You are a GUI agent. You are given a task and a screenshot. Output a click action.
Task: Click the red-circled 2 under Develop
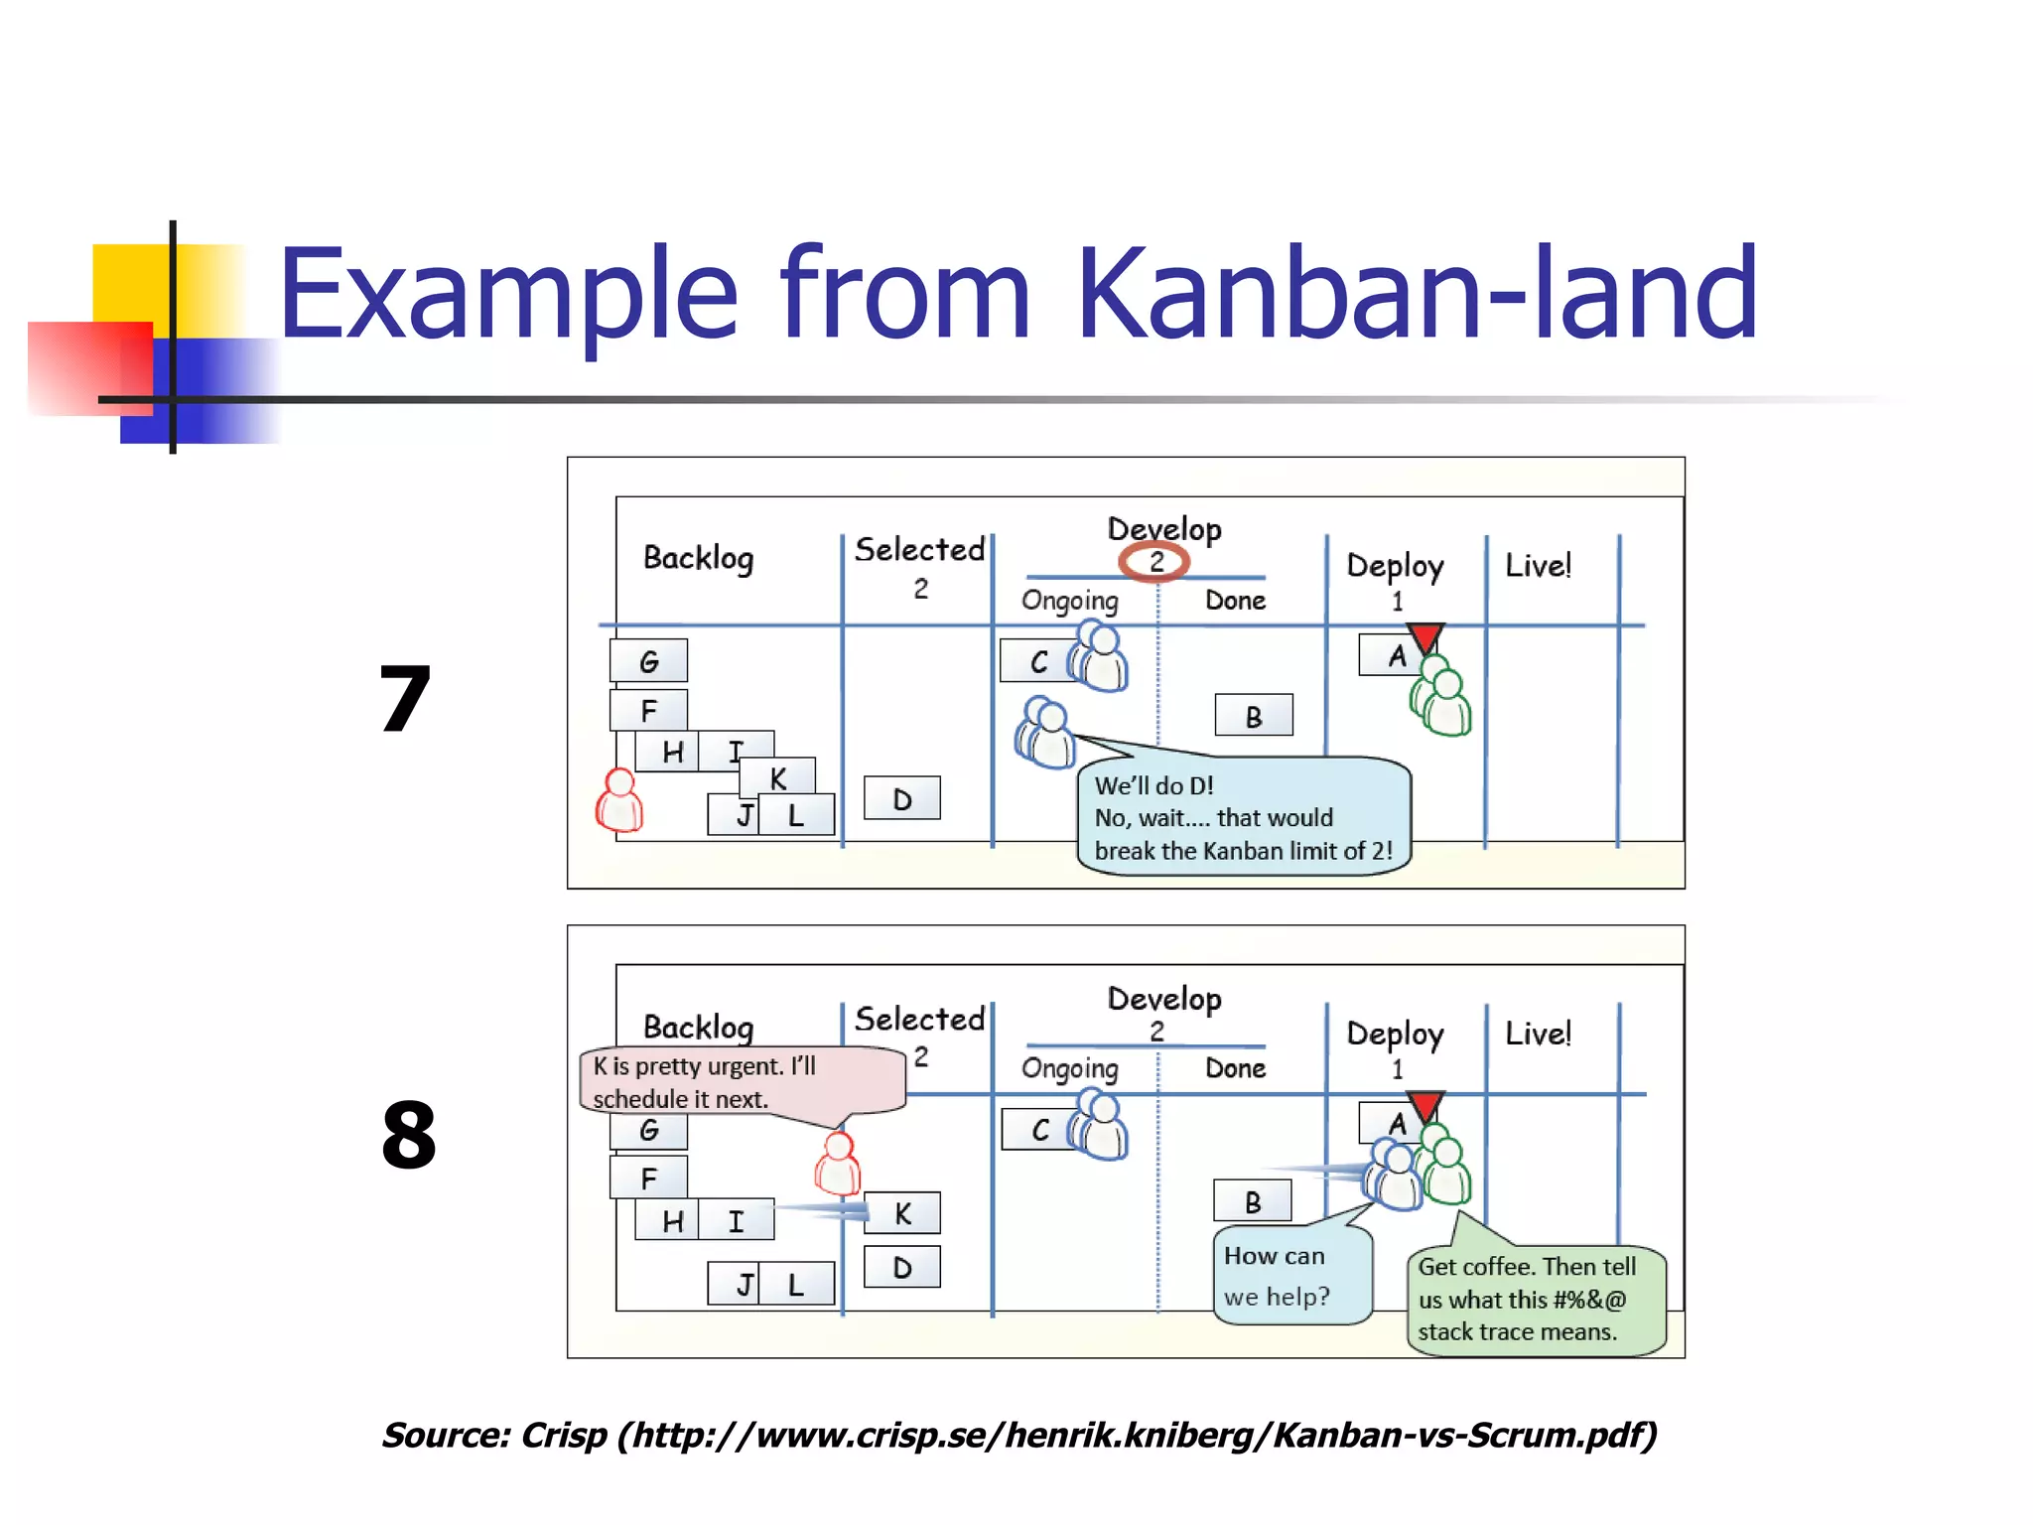(1154, 562)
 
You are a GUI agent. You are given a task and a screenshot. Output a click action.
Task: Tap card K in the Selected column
(901, 1213)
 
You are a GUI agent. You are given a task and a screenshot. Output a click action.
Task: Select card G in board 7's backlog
(648, 661)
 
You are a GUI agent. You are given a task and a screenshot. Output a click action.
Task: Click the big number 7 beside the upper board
(405, 700)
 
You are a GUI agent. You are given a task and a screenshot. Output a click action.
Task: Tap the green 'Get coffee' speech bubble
(1534, 1300)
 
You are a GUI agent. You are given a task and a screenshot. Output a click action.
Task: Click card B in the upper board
(1254, 716)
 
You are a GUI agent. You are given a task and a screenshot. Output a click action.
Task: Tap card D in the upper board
(901, 798)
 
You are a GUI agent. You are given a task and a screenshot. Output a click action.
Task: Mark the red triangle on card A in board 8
(1425, 1105)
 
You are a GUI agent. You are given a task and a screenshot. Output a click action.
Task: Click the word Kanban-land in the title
(1417, 294)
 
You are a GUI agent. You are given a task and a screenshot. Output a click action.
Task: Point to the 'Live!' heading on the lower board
(1538, 1034)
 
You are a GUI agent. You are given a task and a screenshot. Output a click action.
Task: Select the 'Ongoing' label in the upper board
(1069, 601)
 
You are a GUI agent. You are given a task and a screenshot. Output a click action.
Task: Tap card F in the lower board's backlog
(648, 1178)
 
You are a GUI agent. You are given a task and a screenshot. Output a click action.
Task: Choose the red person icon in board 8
(838, 1165)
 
